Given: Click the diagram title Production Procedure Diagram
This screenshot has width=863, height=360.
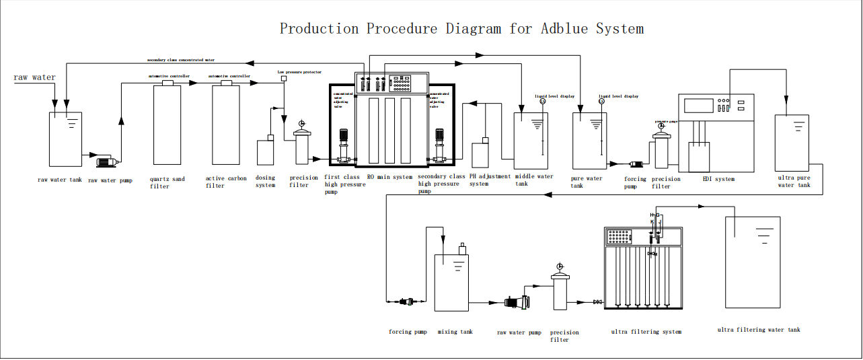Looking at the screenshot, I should point(461,28).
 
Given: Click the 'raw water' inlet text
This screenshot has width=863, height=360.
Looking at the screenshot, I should point(34,78).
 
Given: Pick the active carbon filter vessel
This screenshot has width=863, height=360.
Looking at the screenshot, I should point(226,124).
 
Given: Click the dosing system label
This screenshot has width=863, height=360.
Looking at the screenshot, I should point(266,182).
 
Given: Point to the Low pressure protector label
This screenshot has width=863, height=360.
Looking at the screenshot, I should point(299,71).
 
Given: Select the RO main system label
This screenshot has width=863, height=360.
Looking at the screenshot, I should point(389,178).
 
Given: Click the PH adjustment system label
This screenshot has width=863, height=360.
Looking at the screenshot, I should point(489,180).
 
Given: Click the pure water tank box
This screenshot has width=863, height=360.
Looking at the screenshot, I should point(589,141).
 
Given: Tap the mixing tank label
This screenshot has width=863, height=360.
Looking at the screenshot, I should point(455,332).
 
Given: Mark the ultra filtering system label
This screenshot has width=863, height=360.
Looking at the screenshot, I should point(646,332).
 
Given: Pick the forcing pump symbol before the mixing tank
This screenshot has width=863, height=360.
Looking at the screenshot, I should point(406,301).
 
